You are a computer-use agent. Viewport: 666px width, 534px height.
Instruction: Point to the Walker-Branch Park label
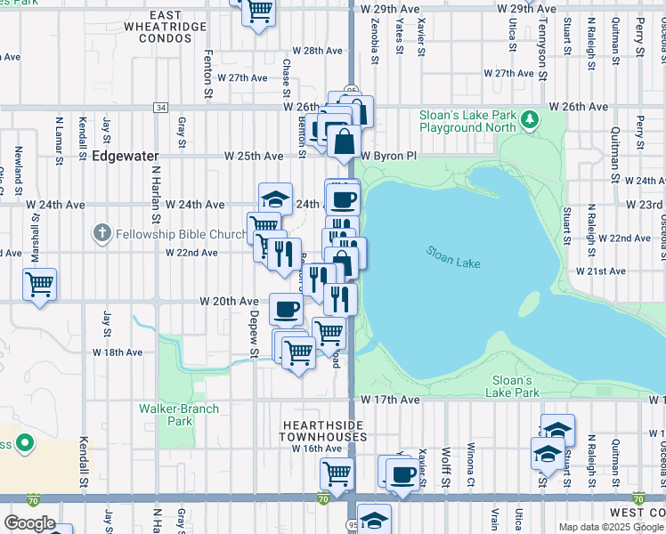coord(166,415)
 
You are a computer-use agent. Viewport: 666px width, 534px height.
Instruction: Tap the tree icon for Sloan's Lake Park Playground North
coord(530,117)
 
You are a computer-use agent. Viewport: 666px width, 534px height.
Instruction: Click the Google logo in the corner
coord(28,523)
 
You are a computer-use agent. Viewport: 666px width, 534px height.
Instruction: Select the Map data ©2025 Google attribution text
coord(611,527)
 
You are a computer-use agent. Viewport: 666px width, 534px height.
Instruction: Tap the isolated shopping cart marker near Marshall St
coord(39,285)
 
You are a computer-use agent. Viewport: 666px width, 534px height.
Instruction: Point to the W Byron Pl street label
coord(388,155)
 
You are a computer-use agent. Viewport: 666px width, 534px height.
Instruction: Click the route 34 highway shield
coord(160,108)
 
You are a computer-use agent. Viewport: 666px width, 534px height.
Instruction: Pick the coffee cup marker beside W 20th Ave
coord(285,309)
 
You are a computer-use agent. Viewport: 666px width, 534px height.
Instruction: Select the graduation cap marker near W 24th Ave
coord(276,198)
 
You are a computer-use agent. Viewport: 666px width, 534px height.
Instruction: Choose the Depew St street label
coord(255,332)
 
